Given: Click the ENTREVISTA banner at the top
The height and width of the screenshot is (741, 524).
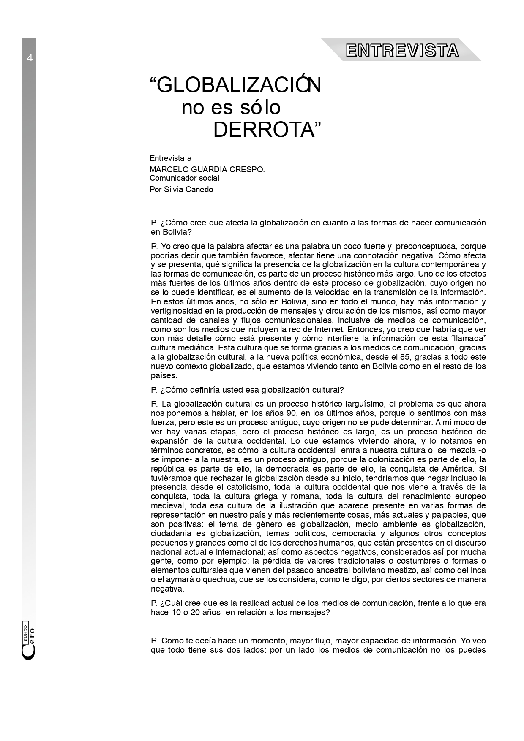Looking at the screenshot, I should pyautogui.click(x=402, y=51).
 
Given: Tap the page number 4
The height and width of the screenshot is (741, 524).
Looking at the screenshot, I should pyautogui.click(x=30, y=58).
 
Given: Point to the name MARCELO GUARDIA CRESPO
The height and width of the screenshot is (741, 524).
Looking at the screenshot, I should pyautogui.click(x=207, y=169).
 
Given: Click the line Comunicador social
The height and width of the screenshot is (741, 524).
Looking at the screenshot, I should pyautogui.click(x=184, y=178).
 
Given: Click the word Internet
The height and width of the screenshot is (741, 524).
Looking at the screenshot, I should pyautogui.click(x=331, y=329).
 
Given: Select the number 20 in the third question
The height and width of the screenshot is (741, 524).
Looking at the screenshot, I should pyautogui.click(x=195, y=612).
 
